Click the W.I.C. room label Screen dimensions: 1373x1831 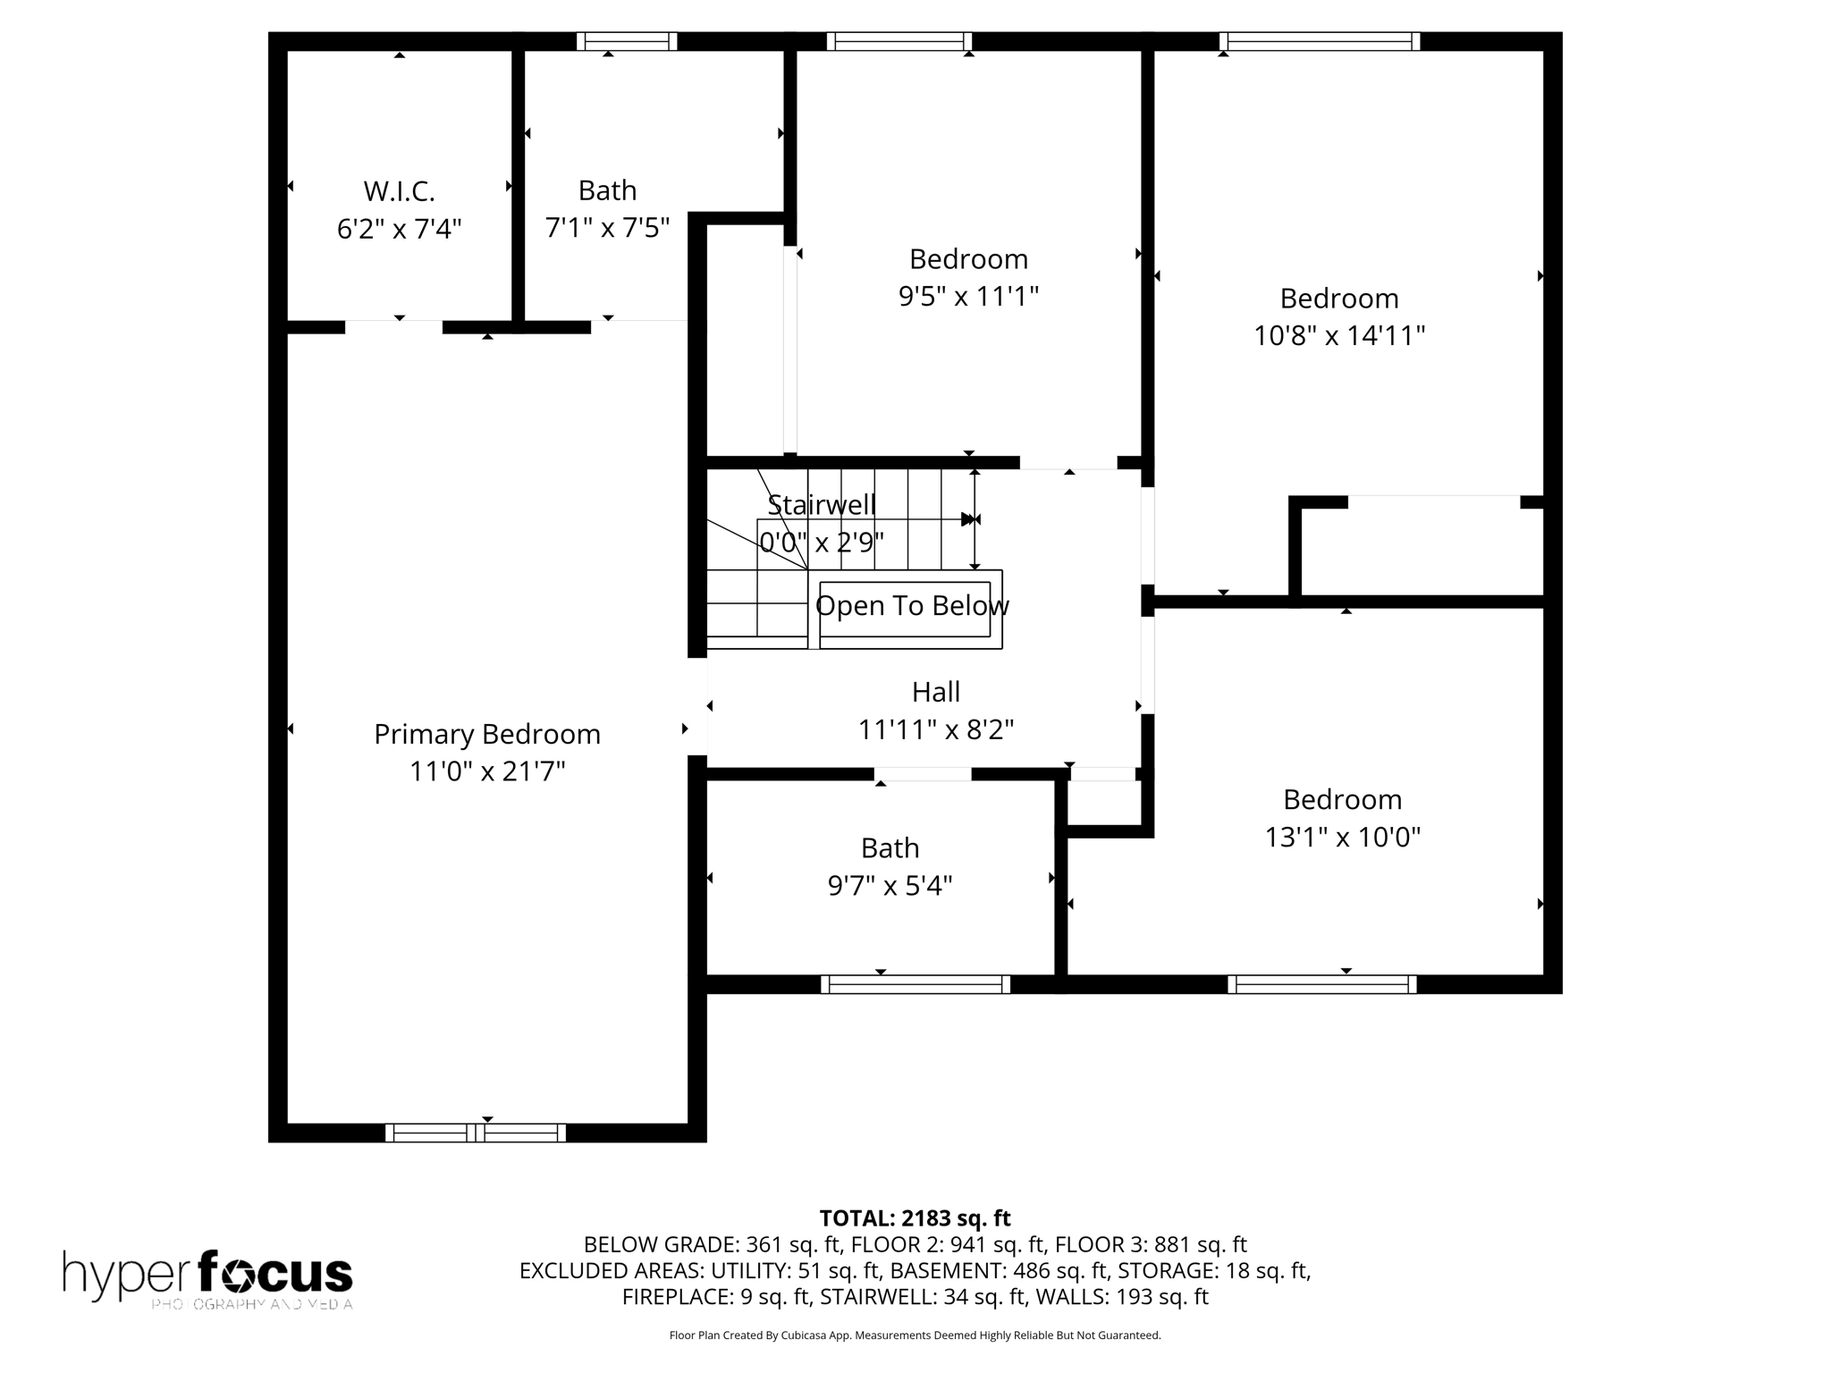pos(399,191)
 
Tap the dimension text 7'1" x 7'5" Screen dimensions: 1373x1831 pos(607,228)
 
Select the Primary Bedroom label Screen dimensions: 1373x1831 pos(486,734)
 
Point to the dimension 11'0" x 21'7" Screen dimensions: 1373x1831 pos(487,771)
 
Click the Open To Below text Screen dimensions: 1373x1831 pos(912,606)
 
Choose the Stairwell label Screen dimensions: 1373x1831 pos(822,505)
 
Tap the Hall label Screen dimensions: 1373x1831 pos(935,692)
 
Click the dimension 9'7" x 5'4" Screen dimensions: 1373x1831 pos(890,886)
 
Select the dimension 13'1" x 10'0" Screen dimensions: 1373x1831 pos(1342,838)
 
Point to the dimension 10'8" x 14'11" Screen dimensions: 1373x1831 pos(1338,336)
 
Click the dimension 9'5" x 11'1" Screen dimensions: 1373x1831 pos(968,297)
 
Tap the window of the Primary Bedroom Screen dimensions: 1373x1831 pos(476,1133)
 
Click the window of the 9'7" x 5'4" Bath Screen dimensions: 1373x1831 pos(915,984)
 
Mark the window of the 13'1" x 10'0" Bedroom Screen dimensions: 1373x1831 pos(1321,984)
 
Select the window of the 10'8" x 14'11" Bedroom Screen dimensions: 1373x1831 pos(1319,41)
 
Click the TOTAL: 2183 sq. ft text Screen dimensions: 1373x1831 pos(915,1218)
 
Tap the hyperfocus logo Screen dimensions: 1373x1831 pos(207,1277)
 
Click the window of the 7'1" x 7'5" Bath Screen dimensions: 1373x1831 pos(626,41)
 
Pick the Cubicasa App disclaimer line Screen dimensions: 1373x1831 pos(915,1335)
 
